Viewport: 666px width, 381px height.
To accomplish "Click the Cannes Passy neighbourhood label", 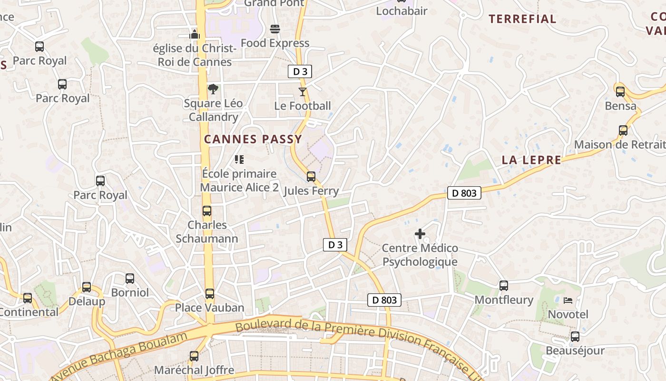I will pyautogui.click(x=253, y=139).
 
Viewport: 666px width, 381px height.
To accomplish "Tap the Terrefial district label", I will pyautogui.click(x=522, y=19).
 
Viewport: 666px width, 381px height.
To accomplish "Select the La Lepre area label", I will pyautogui.click(x=531, y=160).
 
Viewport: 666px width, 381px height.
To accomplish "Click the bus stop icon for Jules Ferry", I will pyautogui.click(x=311, y=177).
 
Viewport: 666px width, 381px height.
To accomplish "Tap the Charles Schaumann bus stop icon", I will pyautogui.click(x=207, y=211).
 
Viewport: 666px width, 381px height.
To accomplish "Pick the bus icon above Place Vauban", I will pyautogui.click(x=210, y=294).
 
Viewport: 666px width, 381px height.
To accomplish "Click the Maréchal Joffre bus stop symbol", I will pyautogui.click(x=194, y=356).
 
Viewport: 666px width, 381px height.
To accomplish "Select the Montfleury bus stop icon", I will pyautogui.click(x=504, y=286).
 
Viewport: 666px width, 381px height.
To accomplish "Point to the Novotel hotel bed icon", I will pyautogui.click(x=568, y=301).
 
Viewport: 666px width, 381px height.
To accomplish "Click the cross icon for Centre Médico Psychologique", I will pyautogui.click(x=420, y=234).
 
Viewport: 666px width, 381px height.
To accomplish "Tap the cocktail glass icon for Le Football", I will pyautogui.click(x=303, y=91).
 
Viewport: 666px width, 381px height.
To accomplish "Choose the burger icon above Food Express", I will pyautogui.click(x=275, y=29).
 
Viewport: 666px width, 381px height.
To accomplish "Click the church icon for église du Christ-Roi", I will pyautogui.click(x=194, y=34).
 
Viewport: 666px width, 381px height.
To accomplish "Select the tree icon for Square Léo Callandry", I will pyautogui.click(x=213, y=89).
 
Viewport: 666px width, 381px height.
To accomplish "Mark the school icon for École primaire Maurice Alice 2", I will pyautogui.click(x=239, y=160).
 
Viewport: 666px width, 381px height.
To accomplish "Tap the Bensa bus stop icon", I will pyautogui.click(x=620, y=92).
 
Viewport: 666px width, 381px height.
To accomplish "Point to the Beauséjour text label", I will pyautogui.click(x=575, y=351).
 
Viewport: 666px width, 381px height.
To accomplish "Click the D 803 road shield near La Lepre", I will pyautogui.click(x=464, y=193).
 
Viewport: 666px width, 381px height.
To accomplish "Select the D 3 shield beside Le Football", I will pyautogui.click(x=300, y=72).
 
